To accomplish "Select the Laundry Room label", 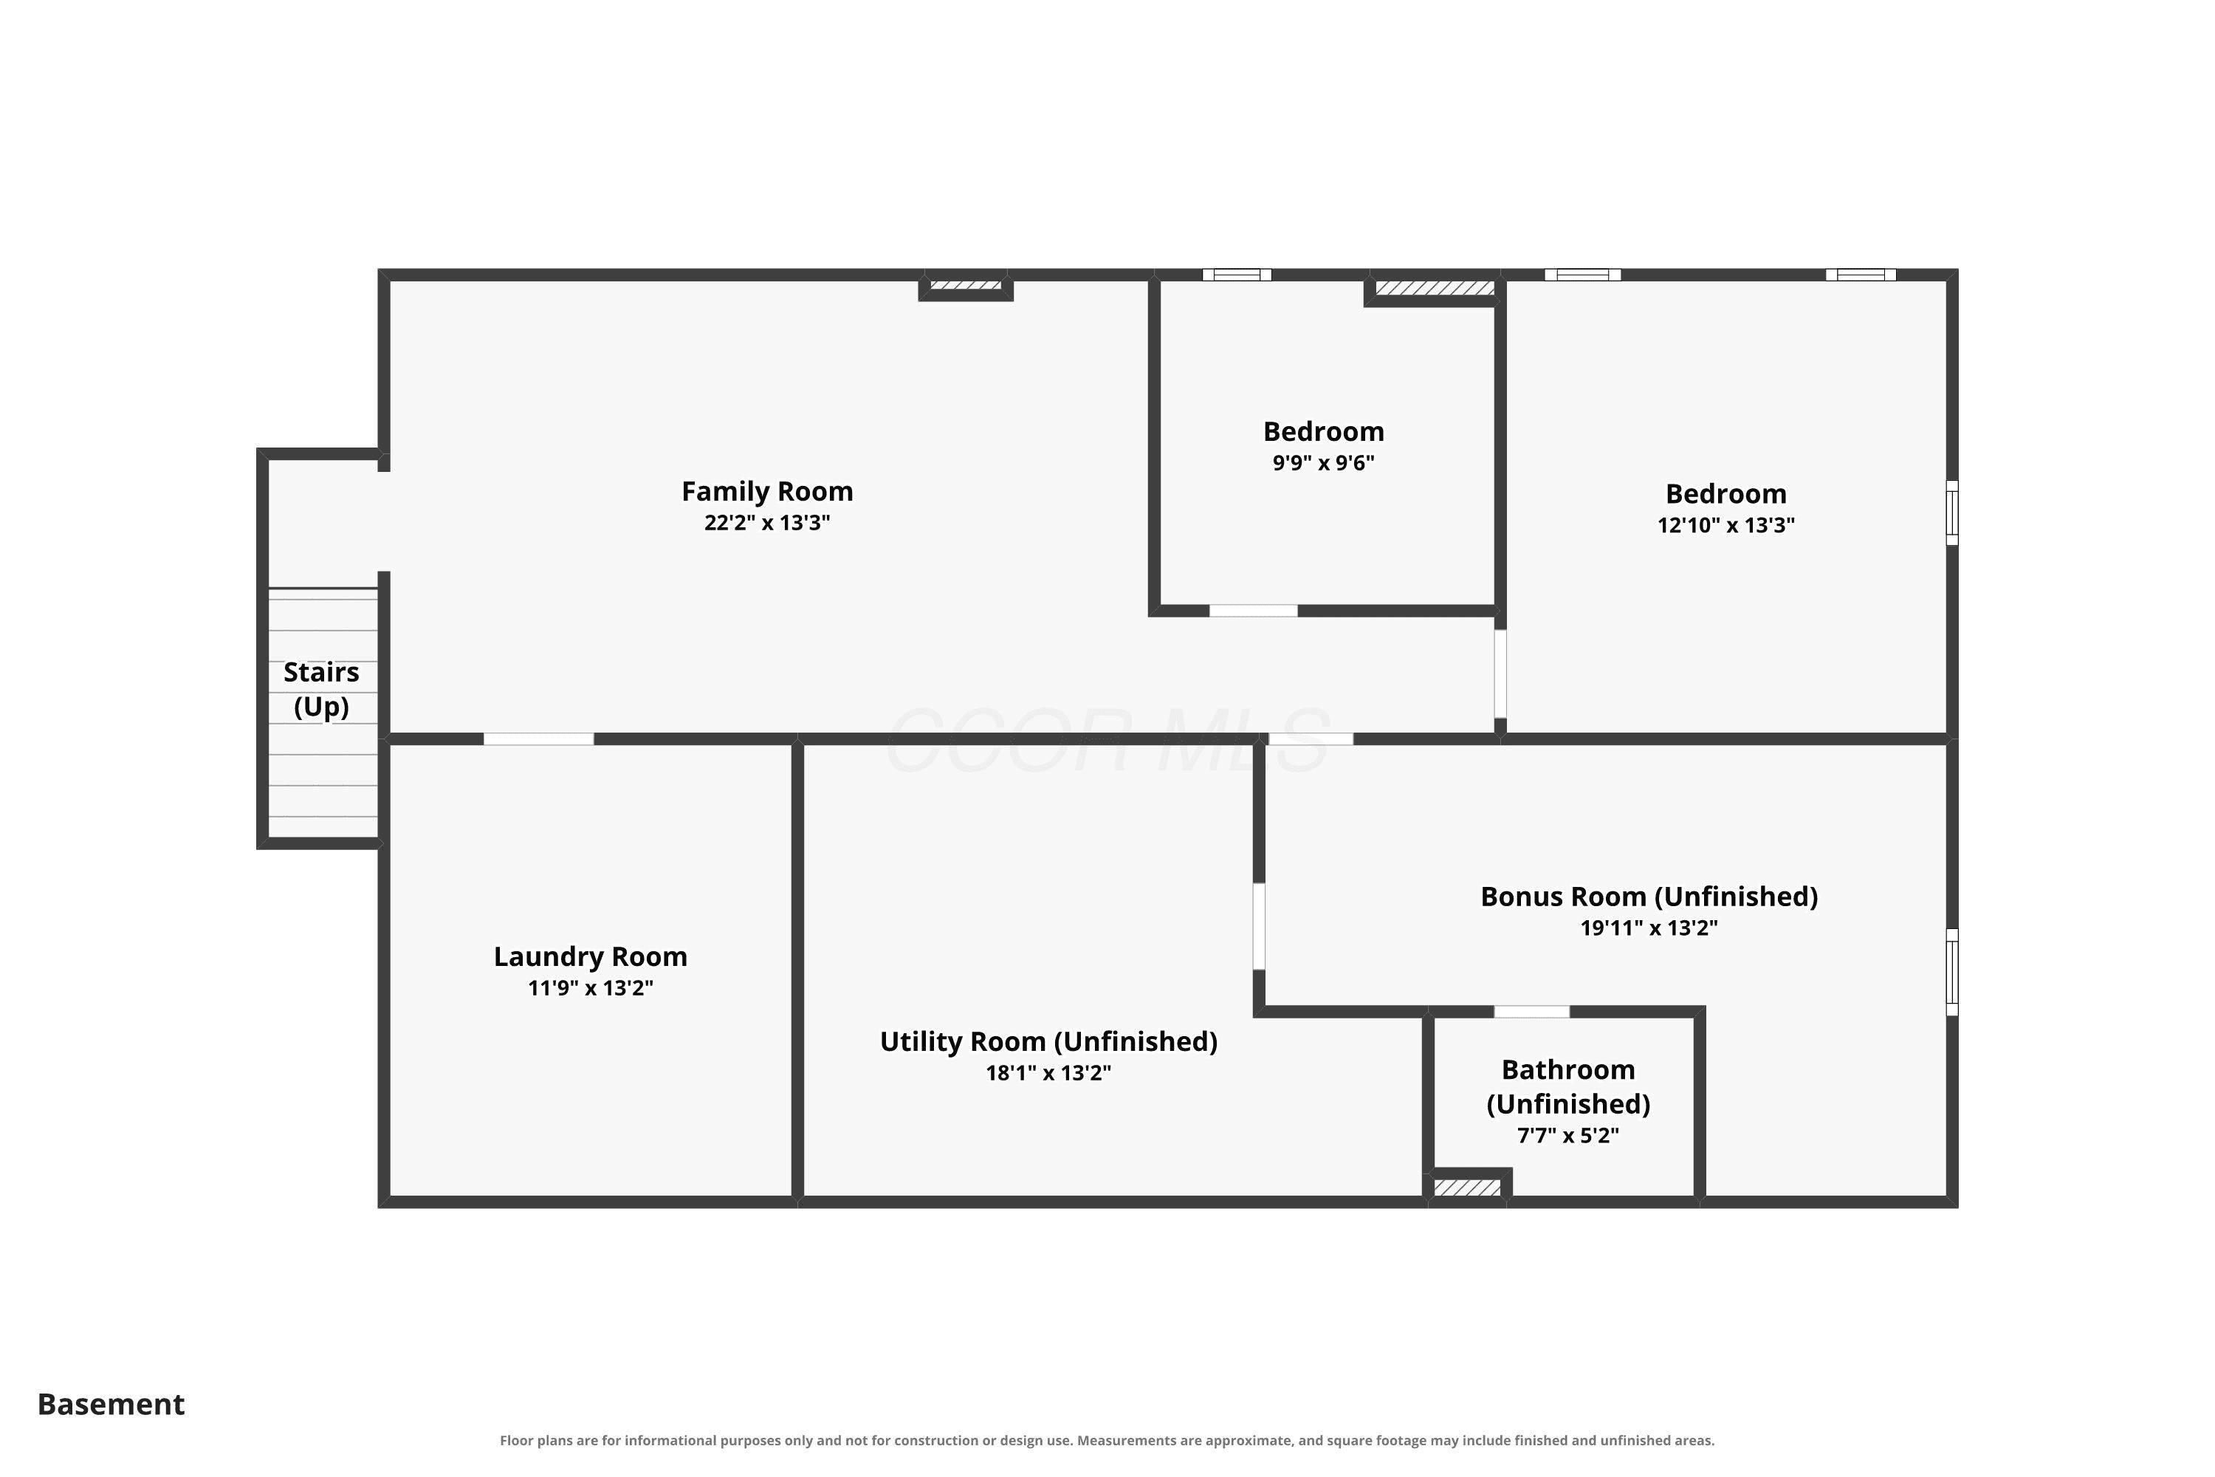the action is click(591, 957).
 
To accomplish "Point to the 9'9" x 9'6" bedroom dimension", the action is click(1323, 462).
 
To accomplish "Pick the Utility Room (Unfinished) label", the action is click(1048, 1042).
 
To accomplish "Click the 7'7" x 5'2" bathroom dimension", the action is click(1568, 1135).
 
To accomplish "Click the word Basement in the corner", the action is click(111, 1405).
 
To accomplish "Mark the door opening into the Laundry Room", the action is click(539, 738).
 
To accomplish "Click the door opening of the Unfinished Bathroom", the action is click(1531, 1012).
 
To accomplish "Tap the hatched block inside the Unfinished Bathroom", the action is click(1467, 1188).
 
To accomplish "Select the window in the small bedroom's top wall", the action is click(1237, 275).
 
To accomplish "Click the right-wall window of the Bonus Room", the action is click(1952, 972).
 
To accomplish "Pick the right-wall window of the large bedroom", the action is click(1952, 513).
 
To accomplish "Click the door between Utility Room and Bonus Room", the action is click(1259, 926).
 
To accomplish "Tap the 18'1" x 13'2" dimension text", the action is click(1048, 1073).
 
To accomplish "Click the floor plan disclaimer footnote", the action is click(1107, 1440).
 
